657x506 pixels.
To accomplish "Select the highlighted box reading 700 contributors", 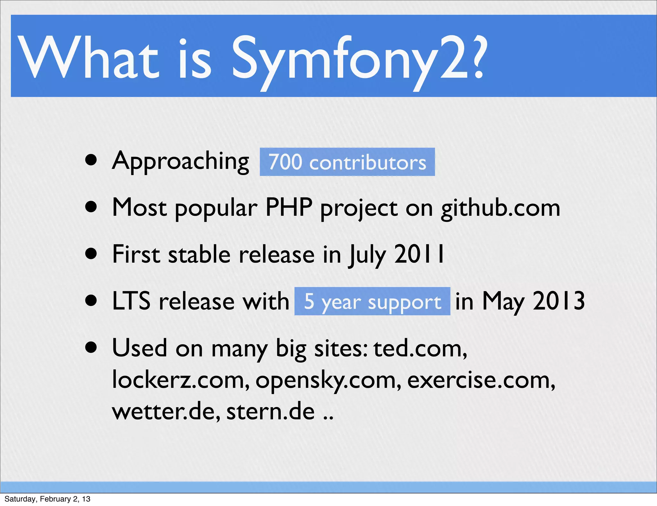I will [347, 162].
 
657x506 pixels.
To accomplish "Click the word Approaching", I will [180, 161].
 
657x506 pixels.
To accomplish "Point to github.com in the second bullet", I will [500, 208].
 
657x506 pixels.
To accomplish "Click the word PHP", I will [289, 207].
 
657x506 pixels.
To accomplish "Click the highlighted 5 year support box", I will [372, 301].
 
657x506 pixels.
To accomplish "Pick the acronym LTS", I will [131, 301].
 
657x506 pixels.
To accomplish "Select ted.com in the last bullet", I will [420, 348].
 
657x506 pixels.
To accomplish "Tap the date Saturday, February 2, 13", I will [47, 499].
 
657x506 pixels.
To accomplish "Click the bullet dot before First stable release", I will [91, 254].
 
